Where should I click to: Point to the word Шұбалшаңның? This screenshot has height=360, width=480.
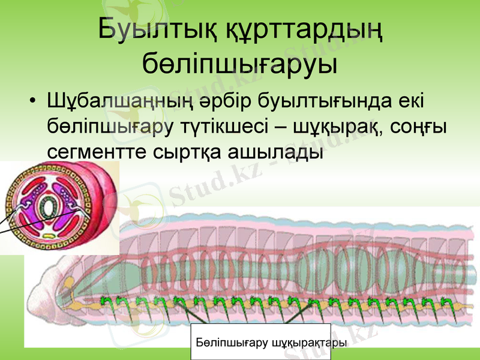pos(119,101)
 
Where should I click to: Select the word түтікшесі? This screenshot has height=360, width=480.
pos(225,127)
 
